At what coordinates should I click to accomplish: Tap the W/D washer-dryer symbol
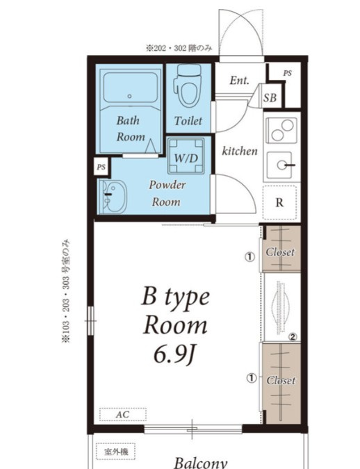click(186, 156)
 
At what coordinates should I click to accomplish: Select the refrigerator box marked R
click(279, 202)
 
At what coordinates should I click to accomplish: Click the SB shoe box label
click(270, 97)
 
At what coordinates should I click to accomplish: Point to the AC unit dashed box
click(123, 415)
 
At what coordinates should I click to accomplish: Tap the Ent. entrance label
click(239, 80)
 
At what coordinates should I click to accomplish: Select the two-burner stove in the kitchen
click(281, 130)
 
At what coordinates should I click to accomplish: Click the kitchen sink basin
click(279, 165)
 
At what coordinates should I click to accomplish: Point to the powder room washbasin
click(113, 197)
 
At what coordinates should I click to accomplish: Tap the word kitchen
click(240, 151)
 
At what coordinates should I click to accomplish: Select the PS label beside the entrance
click(287, 73)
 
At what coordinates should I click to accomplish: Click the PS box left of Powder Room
click(101, 167)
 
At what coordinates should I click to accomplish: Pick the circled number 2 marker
click(293, 337)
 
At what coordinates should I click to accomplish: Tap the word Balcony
click(200, 463)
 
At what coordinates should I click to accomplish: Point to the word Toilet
click(188, 120)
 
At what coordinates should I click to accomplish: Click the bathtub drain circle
click(129, 97)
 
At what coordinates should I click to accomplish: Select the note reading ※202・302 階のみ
click(179, 48)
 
